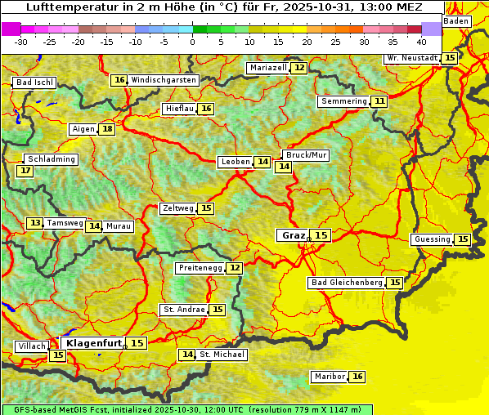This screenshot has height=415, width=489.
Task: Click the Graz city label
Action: pyautogui.click(x=292, y=235)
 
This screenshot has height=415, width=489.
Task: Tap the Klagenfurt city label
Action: pyautogui.click(x=93, y=343)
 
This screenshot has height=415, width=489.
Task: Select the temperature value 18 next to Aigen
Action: pyautogui.click(x=107, y=129)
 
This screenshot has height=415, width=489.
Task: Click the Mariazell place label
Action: pyautogui.click(x=268, y=68)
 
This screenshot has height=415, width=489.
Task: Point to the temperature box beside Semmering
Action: pyautogui.click(x=379, y=101)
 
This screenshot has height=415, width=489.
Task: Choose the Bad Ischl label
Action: pyautogui.click(x=34, y=83)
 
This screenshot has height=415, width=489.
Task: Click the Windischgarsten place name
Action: pyautogui.click(x=164, y=80)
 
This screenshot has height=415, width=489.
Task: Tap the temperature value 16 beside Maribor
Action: pyautogui.click(x=357, y=377)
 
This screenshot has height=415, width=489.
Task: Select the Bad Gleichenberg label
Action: pyautogui.click(x=346, y=283)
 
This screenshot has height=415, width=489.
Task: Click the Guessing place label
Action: pyautogui.click(x=433, y=239)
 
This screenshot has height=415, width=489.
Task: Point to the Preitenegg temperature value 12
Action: pyautogui.click(x=235, y=268)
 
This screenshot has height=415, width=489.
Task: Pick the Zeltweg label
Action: pyautogui.click(x=177, y=208)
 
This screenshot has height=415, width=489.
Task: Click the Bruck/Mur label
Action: pyautogui.click(x=305, y=155)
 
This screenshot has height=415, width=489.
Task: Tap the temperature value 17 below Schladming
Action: pyautogui.click(x=25, y=171)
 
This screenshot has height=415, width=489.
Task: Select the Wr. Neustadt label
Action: pyautogui.click(x=411, y=58)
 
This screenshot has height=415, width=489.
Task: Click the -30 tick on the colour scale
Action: pyautogui.click(x=21, y=41)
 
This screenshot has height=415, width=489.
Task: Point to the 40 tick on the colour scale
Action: pyautogui.click(x=421, y=41)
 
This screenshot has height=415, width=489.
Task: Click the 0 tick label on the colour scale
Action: pyautogui.click(x=193, y=41)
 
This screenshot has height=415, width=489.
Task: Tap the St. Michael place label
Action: pyautogui.click(x=222, y=355)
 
